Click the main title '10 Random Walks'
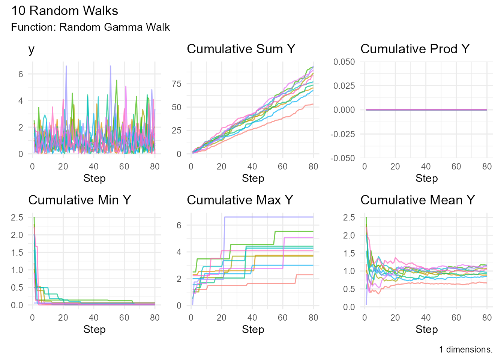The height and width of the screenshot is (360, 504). (x=64, y=11)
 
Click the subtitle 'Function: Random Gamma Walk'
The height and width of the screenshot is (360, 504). (x=90, y=27)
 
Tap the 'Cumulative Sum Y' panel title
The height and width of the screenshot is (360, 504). (x=241, y=49)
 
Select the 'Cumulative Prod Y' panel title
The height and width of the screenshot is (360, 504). (x=415, y=49)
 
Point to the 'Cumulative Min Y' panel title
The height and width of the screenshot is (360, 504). (x=79, y=200)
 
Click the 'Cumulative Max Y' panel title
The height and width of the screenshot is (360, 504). (x=240, y=200)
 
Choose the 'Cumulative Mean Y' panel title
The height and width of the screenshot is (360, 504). (x=417, y=200)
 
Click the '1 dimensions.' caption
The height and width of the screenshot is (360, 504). (x=465, y=350)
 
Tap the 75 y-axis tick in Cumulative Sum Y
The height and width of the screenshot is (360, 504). (x=177, y=84)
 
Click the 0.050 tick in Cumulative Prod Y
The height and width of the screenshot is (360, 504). (x=344, y=62)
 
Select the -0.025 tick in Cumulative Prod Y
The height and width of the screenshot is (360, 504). (x=342, y=134)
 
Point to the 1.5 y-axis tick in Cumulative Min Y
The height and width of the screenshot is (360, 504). (x=17, y=253)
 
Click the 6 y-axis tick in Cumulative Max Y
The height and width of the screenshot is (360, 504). (x=179, y=225)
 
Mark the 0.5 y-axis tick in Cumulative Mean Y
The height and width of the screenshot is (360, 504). (x=349, y=289)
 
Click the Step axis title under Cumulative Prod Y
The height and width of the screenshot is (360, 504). (x=426, y=178)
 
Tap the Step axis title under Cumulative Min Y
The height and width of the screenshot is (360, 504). (x=94, y=330)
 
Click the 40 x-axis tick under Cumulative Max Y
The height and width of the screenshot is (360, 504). (x=252, y=318)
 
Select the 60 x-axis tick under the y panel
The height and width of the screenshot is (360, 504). (x=124, y=167)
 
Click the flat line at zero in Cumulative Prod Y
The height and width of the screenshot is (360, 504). (x=426, y=110)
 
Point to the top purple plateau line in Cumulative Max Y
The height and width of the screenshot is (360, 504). (x=270, y=217)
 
